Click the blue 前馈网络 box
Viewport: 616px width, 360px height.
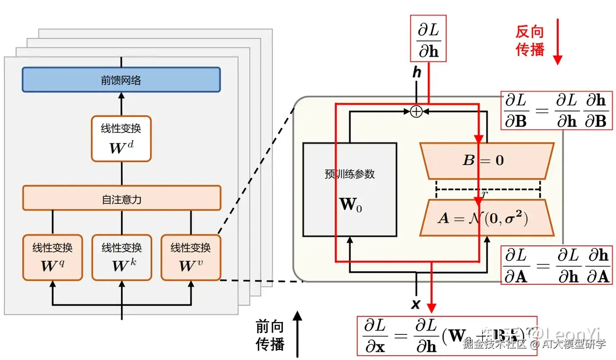pos(121,80)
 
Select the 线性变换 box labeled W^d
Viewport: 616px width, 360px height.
pos(121,139)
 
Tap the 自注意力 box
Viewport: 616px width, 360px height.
pos(121,198)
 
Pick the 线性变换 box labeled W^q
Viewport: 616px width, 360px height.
pos(52,257)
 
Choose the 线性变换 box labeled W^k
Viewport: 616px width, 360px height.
pos(121,257)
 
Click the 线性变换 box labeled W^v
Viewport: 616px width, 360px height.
pos(191,257)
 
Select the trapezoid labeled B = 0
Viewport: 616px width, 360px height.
pos(487,161)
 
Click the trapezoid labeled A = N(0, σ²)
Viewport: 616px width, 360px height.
pos(487,218)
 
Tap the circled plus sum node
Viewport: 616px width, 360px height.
pos(416,112)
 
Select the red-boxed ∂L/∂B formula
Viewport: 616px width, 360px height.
pos(556,111)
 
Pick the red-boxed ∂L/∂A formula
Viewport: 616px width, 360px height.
pos(557,266)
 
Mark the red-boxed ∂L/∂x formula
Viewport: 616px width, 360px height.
pos(447,336)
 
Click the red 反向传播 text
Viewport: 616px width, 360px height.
pos(530,41)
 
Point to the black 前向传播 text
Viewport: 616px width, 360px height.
pos(270,335)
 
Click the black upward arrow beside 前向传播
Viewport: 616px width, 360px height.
pos(297,334)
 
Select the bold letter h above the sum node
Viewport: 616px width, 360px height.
pos(417,72)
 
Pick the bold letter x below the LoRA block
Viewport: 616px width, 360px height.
pos(415,304)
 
